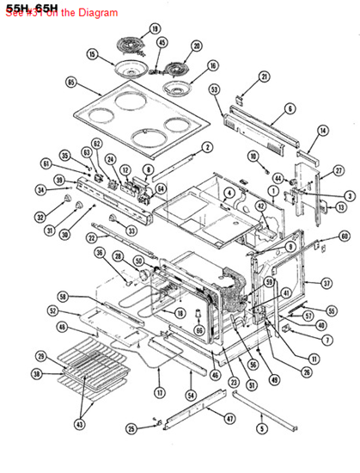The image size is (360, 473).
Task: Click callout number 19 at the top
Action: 155,28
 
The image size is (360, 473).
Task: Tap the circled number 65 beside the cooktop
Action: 70,83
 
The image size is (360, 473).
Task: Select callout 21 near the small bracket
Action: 264,77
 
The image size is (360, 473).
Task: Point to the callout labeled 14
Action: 323,130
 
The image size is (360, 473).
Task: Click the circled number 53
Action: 214,89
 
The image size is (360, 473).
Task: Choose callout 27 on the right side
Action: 326,172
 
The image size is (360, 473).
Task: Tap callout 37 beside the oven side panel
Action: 326,283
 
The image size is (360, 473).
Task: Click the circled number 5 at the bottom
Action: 262,427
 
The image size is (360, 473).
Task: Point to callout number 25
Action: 131,427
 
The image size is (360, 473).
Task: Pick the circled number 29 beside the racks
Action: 40,356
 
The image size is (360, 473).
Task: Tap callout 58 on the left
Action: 62,296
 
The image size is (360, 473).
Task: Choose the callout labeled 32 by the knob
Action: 39,218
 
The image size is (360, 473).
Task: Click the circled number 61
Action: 46,163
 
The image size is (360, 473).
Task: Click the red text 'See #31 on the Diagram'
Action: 60,13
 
